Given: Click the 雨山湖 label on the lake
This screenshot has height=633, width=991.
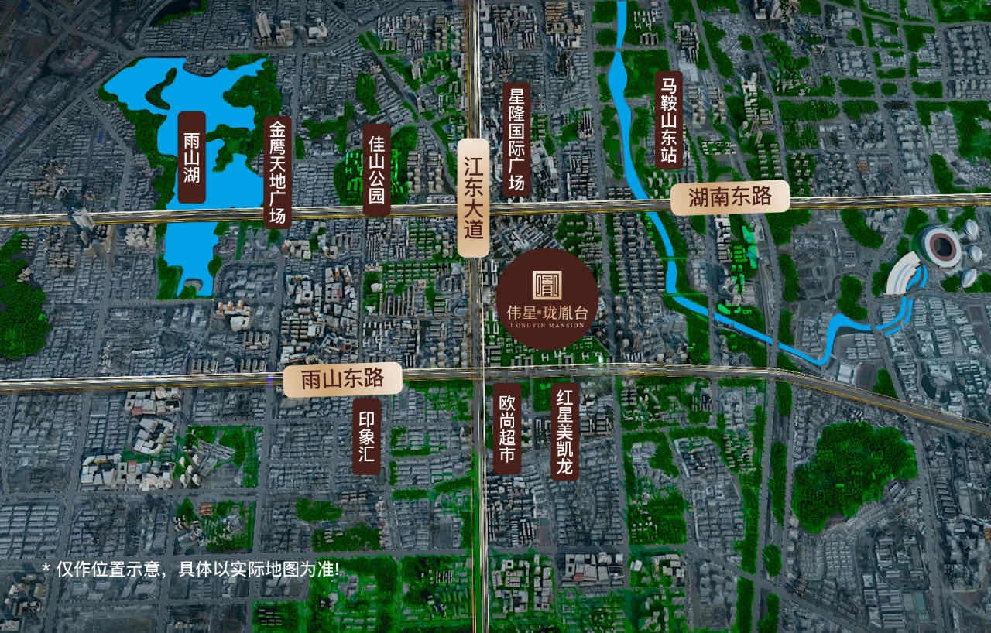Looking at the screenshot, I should coord(191,158).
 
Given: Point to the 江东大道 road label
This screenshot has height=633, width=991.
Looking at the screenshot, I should coord(473,198).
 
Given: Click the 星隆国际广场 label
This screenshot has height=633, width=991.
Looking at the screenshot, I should coord(516,140).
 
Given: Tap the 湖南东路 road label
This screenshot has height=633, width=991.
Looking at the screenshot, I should coord(729,197).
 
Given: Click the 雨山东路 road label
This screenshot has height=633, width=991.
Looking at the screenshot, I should coord(342,379).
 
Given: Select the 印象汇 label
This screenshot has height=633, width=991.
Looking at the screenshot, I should coord(367,436).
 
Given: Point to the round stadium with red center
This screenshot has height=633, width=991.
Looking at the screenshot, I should coord(943,245).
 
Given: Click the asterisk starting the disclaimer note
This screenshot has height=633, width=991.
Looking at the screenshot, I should coord(46,569).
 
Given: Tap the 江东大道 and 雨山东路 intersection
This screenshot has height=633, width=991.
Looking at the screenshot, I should coord(478,372).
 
